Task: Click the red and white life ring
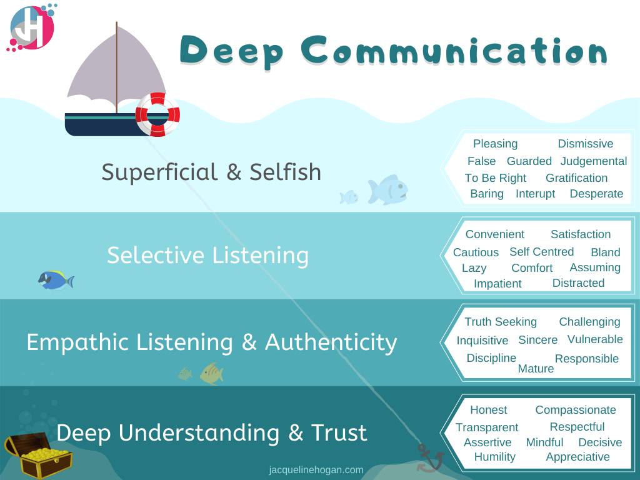(x=157, y=114)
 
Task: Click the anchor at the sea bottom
(x=430, y=457)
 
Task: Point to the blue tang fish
(x=55, y=279)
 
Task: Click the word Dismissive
(x=585, y=144)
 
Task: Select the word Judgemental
(x=593, y=161)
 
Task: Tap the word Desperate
(x=596, y=194)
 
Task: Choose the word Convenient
(x=494, y=234)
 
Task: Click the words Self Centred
(x=541, y=252)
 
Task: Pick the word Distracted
(x=578, y=283)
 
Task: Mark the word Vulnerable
(x=595, y=339)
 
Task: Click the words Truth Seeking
(x=500, y=322)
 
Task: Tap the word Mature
(x=536, y=369)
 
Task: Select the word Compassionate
(x=575, y=410)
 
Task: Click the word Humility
(x=494, y=457)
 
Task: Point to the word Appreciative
(x=577, y=457)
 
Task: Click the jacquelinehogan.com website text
(x=316, y=469)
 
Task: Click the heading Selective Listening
(x=207, y=256)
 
